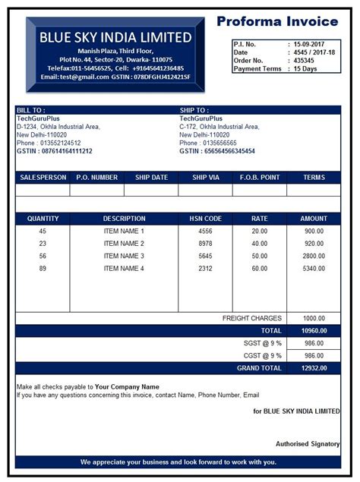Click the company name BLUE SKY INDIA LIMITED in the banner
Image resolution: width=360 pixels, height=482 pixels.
coord(115,37)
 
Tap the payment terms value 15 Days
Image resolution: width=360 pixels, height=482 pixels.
coord(307,68)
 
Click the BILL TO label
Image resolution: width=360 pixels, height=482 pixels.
coord(31,111)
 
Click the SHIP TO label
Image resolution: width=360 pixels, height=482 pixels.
coord(194,111)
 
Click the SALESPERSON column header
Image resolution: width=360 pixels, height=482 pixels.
coord(43,178)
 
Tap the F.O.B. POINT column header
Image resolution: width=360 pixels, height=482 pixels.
coord(259,178)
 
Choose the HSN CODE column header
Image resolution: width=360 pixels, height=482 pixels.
coord(205,219)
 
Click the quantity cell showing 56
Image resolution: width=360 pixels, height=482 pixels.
coord(43,256)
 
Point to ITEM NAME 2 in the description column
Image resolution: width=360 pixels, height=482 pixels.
coord(124,244)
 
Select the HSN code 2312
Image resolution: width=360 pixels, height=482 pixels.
coord(205,268)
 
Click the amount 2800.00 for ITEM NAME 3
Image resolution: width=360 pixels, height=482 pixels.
coord(314,256)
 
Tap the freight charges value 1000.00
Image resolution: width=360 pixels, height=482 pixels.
coord(314,318)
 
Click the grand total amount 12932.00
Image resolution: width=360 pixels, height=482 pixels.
coord(314,367)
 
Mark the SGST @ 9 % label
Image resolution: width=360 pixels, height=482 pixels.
coord(263,343)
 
